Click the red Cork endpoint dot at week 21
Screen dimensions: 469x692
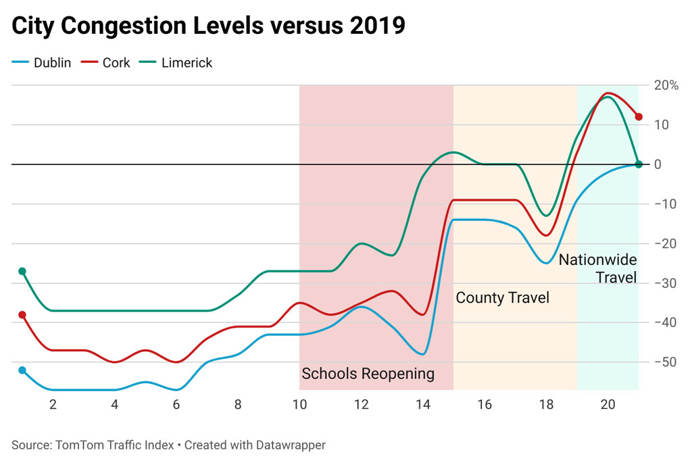coord(639,117)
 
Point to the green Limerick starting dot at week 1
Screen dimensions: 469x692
coord(22,271)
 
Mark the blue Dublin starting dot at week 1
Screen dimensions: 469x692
coord(22,370)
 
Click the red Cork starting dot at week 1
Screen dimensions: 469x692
coord(22,315)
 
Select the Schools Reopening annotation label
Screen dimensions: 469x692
coord(368,374)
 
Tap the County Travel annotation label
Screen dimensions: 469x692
coord(502,297)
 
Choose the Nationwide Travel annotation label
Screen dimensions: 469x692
coord(597,268)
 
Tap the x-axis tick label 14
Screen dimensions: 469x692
coord(423,405)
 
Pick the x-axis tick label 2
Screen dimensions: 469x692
coord(53,405)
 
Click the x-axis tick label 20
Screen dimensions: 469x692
coord(608,405)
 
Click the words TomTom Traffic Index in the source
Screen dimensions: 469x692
coord(114,445)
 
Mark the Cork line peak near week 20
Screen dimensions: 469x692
coord(608,93)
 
